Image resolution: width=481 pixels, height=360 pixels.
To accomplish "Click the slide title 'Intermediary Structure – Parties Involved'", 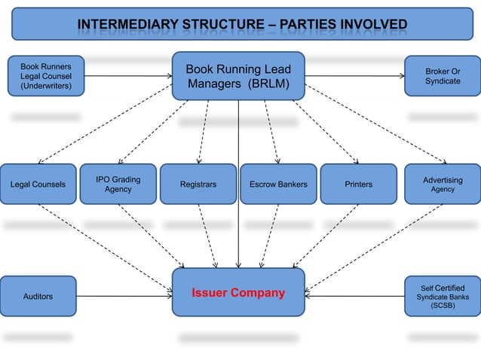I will [241, 27].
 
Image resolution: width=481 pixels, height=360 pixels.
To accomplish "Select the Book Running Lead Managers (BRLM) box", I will [238, 75].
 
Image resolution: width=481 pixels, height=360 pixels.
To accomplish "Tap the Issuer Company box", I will [238, 292].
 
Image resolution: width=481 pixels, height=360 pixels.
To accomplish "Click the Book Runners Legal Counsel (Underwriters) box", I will [46, 75].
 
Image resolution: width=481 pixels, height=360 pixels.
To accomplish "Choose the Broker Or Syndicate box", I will [443, 76].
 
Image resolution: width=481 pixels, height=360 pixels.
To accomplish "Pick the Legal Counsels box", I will [38, 184].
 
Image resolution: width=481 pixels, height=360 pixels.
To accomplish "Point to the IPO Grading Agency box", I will [118, 184].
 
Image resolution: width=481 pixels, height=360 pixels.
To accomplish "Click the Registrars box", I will [198, 184].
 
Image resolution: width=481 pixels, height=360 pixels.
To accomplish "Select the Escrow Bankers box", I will [278, 184].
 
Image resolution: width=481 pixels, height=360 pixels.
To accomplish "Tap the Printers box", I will [359, 184].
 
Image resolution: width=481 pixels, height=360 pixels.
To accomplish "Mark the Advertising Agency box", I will [443, 184].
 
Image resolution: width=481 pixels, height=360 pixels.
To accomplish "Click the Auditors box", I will [38, 297].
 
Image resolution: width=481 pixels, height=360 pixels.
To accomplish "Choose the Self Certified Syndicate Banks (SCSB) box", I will [443, 297].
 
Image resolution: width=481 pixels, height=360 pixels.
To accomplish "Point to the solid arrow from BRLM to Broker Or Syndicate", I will [354, 76].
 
